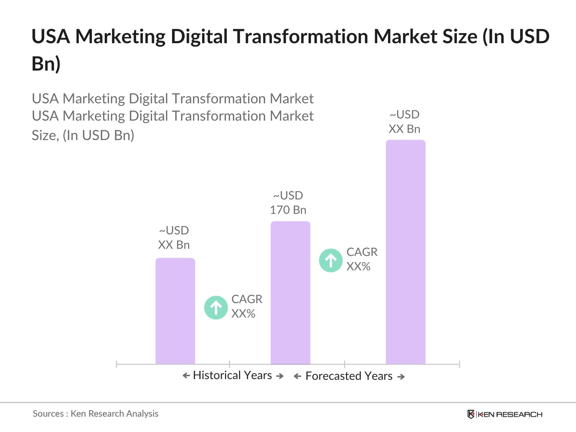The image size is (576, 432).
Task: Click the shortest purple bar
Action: coord(175,311)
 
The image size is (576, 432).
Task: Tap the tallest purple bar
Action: coord(406,252)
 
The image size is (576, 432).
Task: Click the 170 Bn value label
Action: coord(288,210)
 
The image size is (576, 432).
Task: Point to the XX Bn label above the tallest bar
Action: coord(404,129)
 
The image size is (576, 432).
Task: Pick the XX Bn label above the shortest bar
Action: coord(174,245)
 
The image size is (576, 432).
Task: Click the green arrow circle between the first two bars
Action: coord(216,307)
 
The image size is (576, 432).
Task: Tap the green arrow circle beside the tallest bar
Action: coord(331,260)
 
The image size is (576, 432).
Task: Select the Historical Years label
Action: coord(232,375)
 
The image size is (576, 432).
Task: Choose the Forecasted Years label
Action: coord(349,376)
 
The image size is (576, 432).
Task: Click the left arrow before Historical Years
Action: coord(186,376)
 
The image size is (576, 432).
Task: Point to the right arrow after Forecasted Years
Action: coord(401,377)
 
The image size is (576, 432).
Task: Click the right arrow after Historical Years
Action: coord(280,376)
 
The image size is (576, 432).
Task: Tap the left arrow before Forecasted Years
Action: coord(297,377)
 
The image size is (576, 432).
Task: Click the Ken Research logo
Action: coord(505,414)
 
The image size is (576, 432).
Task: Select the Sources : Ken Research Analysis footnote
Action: coord(95,414)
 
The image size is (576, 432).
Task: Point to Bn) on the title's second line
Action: coord(46,64)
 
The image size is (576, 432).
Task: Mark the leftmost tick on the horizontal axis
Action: coord(117,364)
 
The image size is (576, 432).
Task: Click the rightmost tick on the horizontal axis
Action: coord(459,364)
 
